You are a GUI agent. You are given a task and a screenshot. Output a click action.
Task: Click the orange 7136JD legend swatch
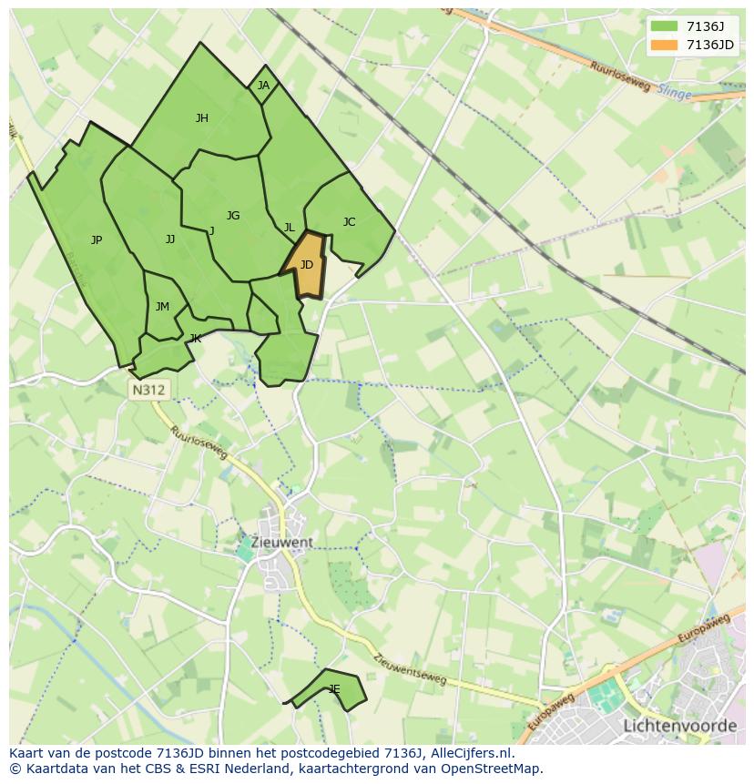point(664,46)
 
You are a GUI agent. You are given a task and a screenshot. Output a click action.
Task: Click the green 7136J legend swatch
point(664,26)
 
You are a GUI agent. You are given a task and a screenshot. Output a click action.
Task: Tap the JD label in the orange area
point(307,265)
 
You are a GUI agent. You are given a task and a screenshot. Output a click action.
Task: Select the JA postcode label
point(263,86)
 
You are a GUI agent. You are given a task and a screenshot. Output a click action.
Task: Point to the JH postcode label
point(202,117)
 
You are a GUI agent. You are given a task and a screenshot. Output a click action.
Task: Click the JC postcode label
point(349,222)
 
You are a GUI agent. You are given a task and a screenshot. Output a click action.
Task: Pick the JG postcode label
point(233,216)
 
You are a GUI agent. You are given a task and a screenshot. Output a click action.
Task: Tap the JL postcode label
point(289,228)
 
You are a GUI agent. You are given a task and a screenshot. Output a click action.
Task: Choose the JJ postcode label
point(170,239)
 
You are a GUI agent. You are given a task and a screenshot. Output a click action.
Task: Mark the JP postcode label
point(97,240)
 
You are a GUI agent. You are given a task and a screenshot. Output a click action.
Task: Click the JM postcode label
point(162,307)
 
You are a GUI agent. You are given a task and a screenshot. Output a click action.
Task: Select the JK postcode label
point(195,339)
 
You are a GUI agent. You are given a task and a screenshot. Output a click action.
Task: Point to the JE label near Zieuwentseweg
point(334,689)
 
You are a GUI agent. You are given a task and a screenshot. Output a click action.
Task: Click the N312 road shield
point(148,390)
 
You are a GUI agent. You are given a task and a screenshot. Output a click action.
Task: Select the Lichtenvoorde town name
point(679,726)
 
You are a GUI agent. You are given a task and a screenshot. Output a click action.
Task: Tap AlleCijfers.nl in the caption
point(474,753)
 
